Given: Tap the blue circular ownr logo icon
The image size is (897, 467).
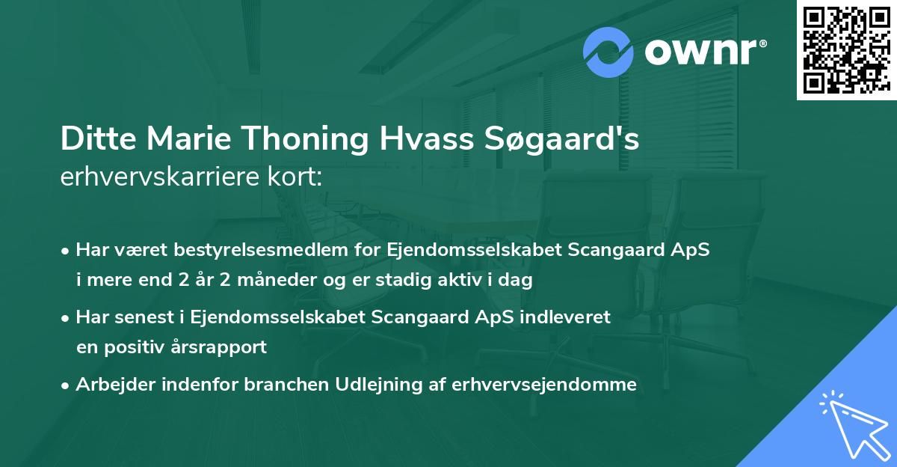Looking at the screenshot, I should [x=608, y=52].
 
